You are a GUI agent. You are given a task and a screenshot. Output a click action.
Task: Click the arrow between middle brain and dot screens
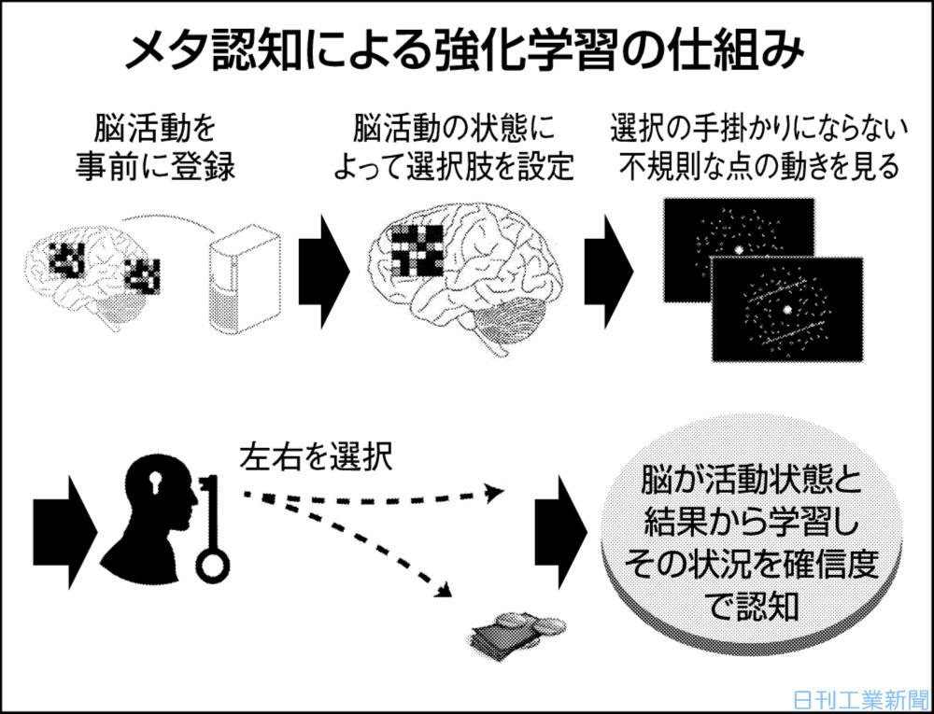pos(609,272)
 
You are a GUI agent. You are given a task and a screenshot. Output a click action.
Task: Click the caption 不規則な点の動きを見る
pos(756,168)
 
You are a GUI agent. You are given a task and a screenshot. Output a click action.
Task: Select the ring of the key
pos(213,564)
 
